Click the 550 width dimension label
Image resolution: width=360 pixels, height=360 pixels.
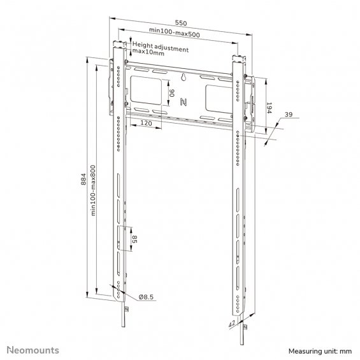pos(181,23)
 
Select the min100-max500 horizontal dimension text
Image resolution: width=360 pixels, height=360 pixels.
pos(175,32)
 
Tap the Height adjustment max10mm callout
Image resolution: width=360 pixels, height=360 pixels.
pos(161,48)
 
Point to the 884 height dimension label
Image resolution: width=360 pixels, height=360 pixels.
pos(83,179)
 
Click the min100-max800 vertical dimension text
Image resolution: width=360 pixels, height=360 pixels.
pos(93,191)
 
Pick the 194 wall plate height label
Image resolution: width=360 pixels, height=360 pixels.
pos(269,108)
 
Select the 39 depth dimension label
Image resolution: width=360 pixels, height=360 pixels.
pos(289,114)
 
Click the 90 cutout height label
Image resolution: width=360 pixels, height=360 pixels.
pos(172,93)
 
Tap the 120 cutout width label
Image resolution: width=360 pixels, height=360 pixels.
pos(146,123)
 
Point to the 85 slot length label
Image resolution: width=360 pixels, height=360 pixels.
pos(135,240)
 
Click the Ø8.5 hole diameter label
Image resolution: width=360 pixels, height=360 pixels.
pos(146,297)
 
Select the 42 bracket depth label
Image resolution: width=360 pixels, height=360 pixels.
pos(232,324)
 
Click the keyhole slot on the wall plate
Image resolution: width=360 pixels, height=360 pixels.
pos(184,77)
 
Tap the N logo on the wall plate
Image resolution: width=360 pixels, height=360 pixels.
pos(184,102)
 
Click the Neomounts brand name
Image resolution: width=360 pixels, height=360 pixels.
pos(33,350)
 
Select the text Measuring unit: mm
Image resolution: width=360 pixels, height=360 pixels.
pos(320,351)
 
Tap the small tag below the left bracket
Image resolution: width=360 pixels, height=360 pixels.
pos(126,309)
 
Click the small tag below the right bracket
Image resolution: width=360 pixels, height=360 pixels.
pos(245,327)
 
